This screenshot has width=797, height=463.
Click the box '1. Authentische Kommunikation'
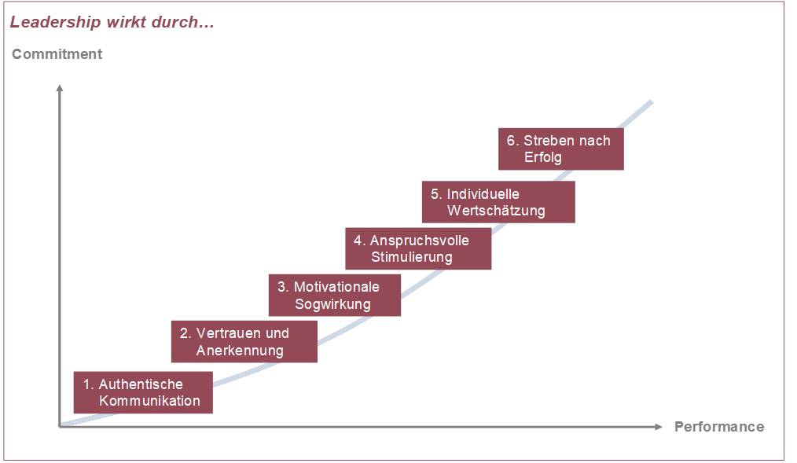[143, 392]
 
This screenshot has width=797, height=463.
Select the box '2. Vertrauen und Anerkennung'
[244, 341]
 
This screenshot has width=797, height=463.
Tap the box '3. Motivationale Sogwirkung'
[335, 296]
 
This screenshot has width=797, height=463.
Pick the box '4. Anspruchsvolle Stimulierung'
[418, 248]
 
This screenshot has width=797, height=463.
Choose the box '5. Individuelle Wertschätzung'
[498, 202]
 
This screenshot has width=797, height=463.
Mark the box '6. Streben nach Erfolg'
[560, 149]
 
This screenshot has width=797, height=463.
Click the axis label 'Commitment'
[57, 54]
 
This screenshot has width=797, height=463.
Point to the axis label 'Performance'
[719, 427]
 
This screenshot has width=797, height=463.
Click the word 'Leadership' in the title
[55, 22]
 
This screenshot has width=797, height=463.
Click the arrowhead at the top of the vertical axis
[60, 88]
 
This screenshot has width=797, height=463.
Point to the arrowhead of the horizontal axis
[659, 426]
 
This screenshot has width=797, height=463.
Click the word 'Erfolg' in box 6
[543, 157]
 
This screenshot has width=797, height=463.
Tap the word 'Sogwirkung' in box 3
[332, 304]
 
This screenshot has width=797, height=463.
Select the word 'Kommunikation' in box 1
[149, 400]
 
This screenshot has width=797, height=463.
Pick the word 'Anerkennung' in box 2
[240, 350]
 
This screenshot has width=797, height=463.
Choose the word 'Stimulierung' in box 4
[412, 257]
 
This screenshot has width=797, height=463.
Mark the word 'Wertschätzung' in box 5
[496, 211]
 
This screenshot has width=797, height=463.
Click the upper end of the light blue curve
[651, 103]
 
